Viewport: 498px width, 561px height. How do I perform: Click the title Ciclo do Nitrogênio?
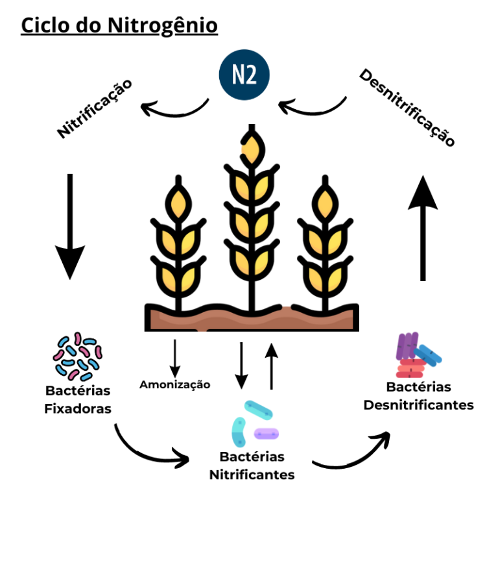click(119, 25)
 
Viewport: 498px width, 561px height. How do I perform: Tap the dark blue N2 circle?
click(244, 76)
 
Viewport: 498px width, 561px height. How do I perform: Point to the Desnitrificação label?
click(407, 108)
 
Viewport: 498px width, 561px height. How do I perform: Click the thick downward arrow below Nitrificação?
click(70, 227)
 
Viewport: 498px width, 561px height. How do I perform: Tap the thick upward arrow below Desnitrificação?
click(423, 227)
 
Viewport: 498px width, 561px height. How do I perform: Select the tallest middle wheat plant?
click(250, 214)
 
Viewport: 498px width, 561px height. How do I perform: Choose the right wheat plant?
click(324, 247)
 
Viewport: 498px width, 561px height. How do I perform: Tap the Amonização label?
click(175, 384)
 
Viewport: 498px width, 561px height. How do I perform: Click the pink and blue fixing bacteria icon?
click(77, 356)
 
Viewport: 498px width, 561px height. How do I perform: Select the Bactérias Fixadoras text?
click(78, 400)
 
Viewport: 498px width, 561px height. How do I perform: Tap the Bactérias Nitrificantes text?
click(252, 466)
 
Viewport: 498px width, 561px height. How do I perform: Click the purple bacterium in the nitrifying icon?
click(266, 433)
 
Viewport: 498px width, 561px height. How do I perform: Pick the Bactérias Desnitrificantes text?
click(418, 395)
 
